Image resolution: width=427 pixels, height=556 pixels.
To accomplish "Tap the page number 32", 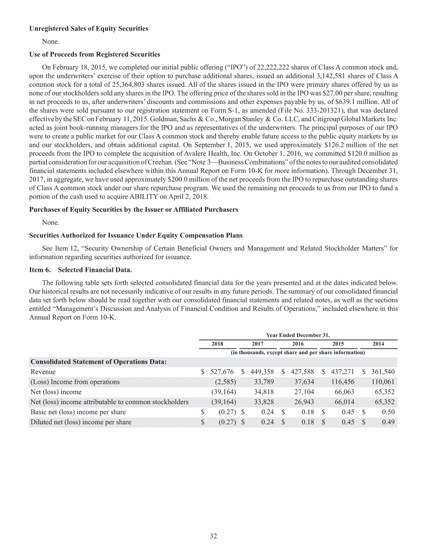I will tap(213, 535).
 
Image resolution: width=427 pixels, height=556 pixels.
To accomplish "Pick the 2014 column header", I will tap(379, 344).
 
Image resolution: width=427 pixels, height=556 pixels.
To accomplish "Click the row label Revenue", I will tap(43, 371).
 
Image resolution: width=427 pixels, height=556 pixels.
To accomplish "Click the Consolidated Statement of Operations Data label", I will tap(100, 361).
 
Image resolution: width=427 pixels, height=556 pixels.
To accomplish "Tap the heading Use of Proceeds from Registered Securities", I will tap(95, 54).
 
